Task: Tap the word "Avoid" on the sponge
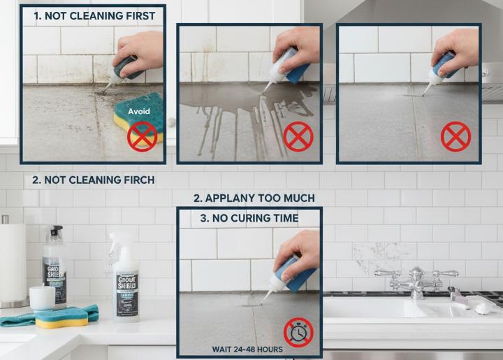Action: click(140, 110)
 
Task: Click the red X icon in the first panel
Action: click(142, 137)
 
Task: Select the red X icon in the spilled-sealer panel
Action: click(298, 136)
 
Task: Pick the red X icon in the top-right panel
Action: click(456, 136)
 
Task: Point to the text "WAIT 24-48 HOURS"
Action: click(248, 349)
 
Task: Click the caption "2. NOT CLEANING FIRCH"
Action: click(94, 180)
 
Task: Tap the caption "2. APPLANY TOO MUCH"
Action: click(254, 198)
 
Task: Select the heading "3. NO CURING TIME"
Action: click(249, 218)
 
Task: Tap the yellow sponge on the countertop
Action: click(61, 318)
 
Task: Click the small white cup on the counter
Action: click(42, 298)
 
